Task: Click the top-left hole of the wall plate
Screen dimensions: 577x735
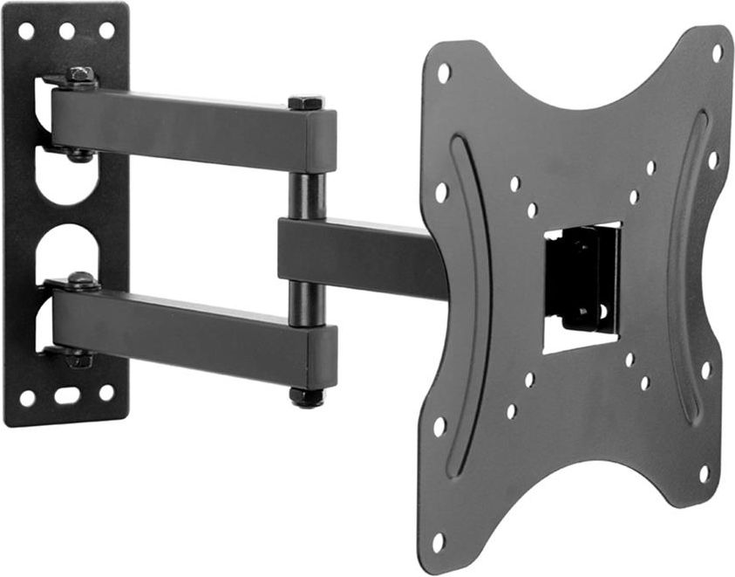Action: (x=26, y=31)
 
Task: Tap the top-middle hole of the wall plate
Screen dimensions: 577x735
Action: (x=66, y=31)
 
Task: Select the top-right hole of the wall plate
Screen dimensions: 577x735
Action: (x=106, y=31)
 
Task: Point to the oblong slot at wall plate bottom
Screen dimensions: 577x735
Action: (x=67, y=395)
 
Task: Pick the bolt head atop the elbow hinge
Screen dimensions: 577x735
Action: (x=306, y=102)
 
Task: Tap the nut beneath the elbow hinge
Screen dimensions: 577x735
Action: (x=307, y=397)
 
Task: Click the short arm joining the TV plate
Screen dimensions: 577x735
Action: (x=357, y=258)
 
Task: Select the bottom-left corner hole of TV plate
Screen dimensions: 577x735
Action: (x=438, y=542)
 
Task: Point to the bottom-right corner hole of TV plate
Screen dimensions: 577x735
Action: (x=703, y=474)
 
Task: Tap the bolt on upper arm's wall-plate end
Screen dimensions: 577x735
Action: (x=80, y=76)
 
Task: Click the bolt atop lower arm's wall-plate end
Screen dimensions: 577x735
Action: (x=81, y=281)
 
